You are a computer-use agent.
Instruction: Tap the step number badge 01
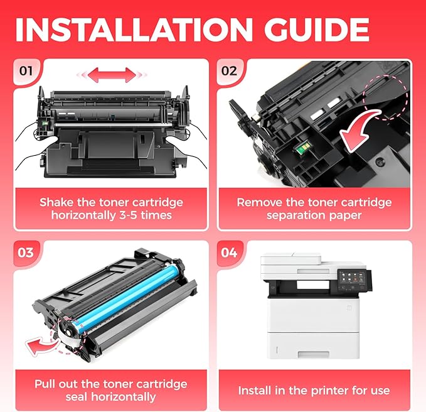pyautogui.click(x=26, y=70)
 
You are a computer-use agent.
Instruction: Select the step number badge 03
pyautogui.click(x=26, y=252)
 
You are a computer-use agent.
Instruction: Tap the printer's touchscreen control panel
pyautogui.click(x=351, y=278)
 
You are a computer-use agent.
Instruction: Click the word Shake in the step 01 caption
pyautogui.click(x=57, y=202)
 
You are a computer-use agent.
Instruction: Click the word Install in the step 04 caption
pyautogui.click(x=258, y=391)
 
